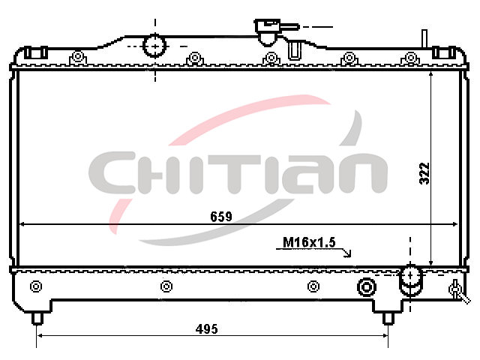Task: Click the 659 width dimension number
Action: click(x=221, y=217)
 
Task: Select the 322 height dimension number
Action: click(x=424, y=173)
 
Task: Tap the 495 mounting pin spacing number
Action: click(x=207, y=329)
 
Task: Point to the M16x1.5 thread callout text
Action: click(x=309, y=242)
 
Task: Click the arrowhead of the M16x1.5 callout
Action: click(x=348, y=253)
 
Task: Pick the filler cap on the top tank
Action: click(x=268, y=31)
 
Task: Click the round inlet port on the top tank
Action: click(x=155, y=46)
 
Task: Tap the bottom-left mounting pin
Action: click(x=37, y=318)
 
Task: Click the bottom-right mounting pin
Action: click(x=388, y=318)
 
